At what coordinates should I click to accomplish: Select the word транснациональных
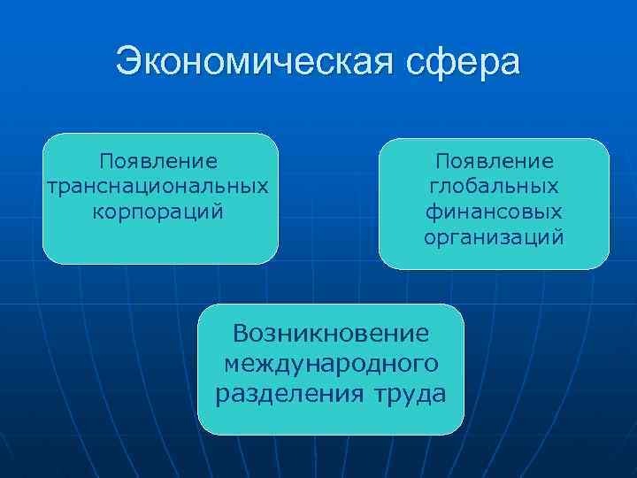click(x=159, y=187)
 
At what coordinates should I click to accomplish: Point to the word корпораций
click(x=159, y=212)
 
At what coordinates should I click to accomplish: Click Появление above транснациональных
click(x=159, y=162)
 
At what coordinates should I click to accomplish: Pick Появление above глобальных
click(x=494, y=162)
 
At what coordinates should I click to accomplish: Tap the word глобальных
click(x=494, y=187)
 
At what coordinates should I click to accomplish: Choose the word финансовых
click(x=494, y=212)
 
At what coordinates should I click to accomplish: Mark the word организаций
click(x=494, y=237)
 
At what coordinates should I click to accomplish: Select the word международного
click(x=331, y=363)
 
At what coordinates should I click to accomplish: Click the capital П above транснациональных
click(x=106, y=162)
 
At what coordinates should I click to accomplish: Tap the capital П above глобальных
click(x=441, y=162)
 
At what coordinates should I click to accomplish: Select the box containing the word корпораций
click(x=159, y=239)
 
